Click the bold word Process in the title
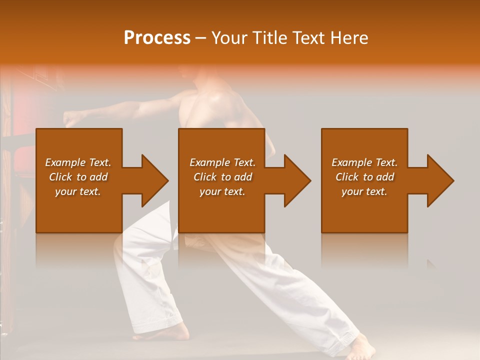[x=157, y=38]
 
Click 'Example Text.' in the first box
[x=78, y=162]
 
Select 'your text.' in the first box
[x=78, y=191]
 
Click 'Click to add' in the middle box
[x=222, y=177]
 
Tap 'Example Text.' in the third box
[x=364, y=162]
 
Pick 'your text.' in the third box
[x=364, y=191]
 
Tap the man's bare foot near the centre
[x=177, y=332]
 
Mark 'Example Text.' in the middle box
[x=222, y=162]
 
